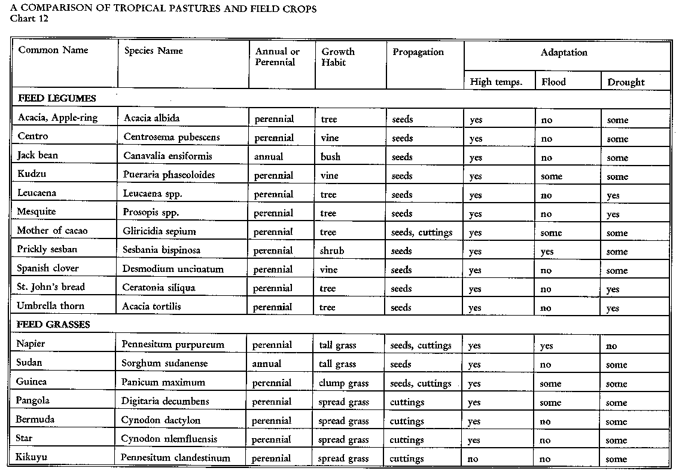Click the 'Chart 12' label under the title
[29, 18]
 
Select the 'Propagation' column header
[418, 52]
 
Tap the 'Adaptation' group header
[564, 53]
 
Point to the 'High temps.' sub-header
[496, 82]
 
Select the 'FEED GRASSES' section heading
[54, 325]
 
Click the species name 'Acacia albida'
[151, 118]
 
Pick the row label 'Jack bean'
[37, 155]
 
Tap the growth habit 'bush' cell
[330, 157]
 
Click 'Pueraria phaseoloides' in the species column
[169, 175]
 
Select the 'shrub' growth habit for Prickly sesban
[332, 251]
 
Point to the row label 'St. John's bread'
[51, 287]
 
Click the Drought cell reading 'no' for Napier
[611, 346]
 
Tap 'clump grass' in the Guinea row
[343, 383]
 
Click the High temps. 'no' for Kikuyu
[473, 459]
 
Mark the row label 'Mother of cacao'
[52, 231]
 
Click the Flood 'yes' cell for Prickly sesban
[547, 252]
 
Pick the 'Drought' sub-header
[626, 82]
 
